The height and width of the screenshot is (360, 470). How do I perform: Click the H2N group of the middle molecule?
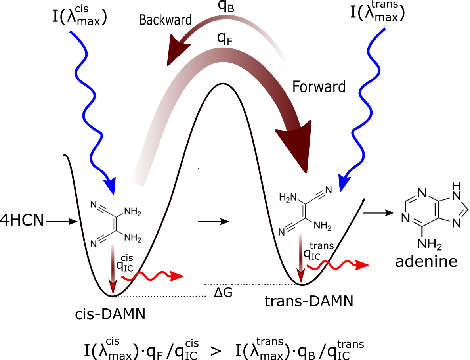[x=288, y=196]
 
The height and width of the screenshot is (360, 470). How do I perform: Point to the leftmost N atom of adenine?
[x=405, y=218]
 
